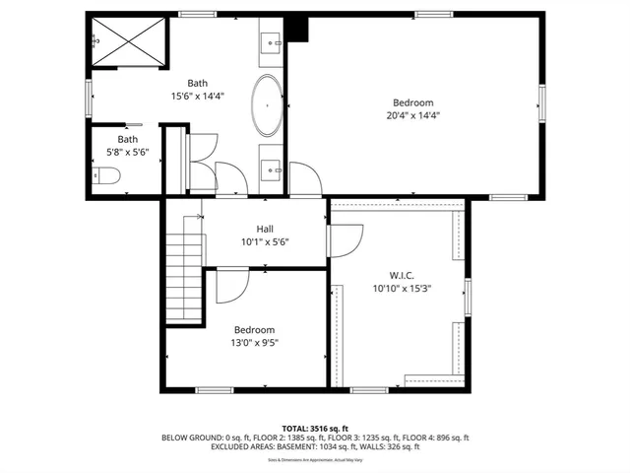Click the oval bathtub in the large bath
click(267, 105)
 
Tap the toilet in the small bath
click(107, 176)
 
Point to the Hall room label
click(265, 228)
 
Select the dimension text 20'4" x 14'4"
click(413, 115)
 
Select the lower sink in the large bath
click(271, 169)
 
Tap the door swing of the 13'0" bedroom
click(230, 286)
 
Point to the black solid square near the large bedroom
click(300, 30)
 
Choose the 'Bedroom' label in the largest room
click(413, 102)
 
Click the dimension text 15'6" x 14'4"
click(198, 97)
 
